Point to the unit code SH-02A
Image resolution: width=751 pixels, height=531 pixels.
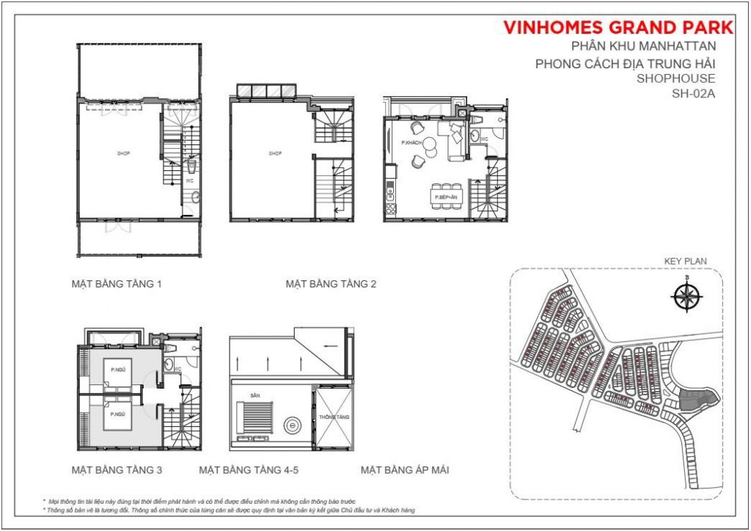693,93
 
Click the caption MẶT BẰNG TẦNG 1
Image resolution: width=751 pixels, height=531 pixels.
116,283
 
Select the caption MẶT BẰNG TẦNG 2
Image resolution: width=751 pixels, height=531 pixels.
331,283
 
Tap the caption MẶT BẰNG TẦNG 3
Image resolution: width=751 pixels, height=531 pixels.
116,469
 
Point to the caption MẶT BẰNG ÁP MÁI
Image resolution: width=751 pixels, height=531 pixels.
404,469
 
